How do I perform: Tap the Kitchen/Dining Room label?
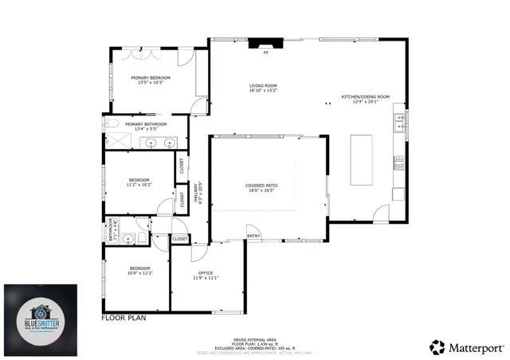(365, 99)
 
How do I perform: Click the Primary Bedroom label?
(151, 80)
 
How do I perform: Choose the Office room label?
(205, 276)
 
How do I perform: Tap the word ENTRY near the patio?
(253, 236)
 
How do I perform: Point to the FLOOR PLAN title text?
(125, 318)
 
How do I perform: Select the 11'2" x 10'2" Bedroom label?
(139, 182)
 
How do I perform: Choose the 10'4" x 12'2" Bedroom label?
(139, 271)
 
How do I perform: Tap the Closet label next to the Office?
(180, 238)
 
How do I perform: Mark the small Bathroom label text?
(112, 231)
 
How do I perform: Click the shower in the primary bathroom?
(118, 141)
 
